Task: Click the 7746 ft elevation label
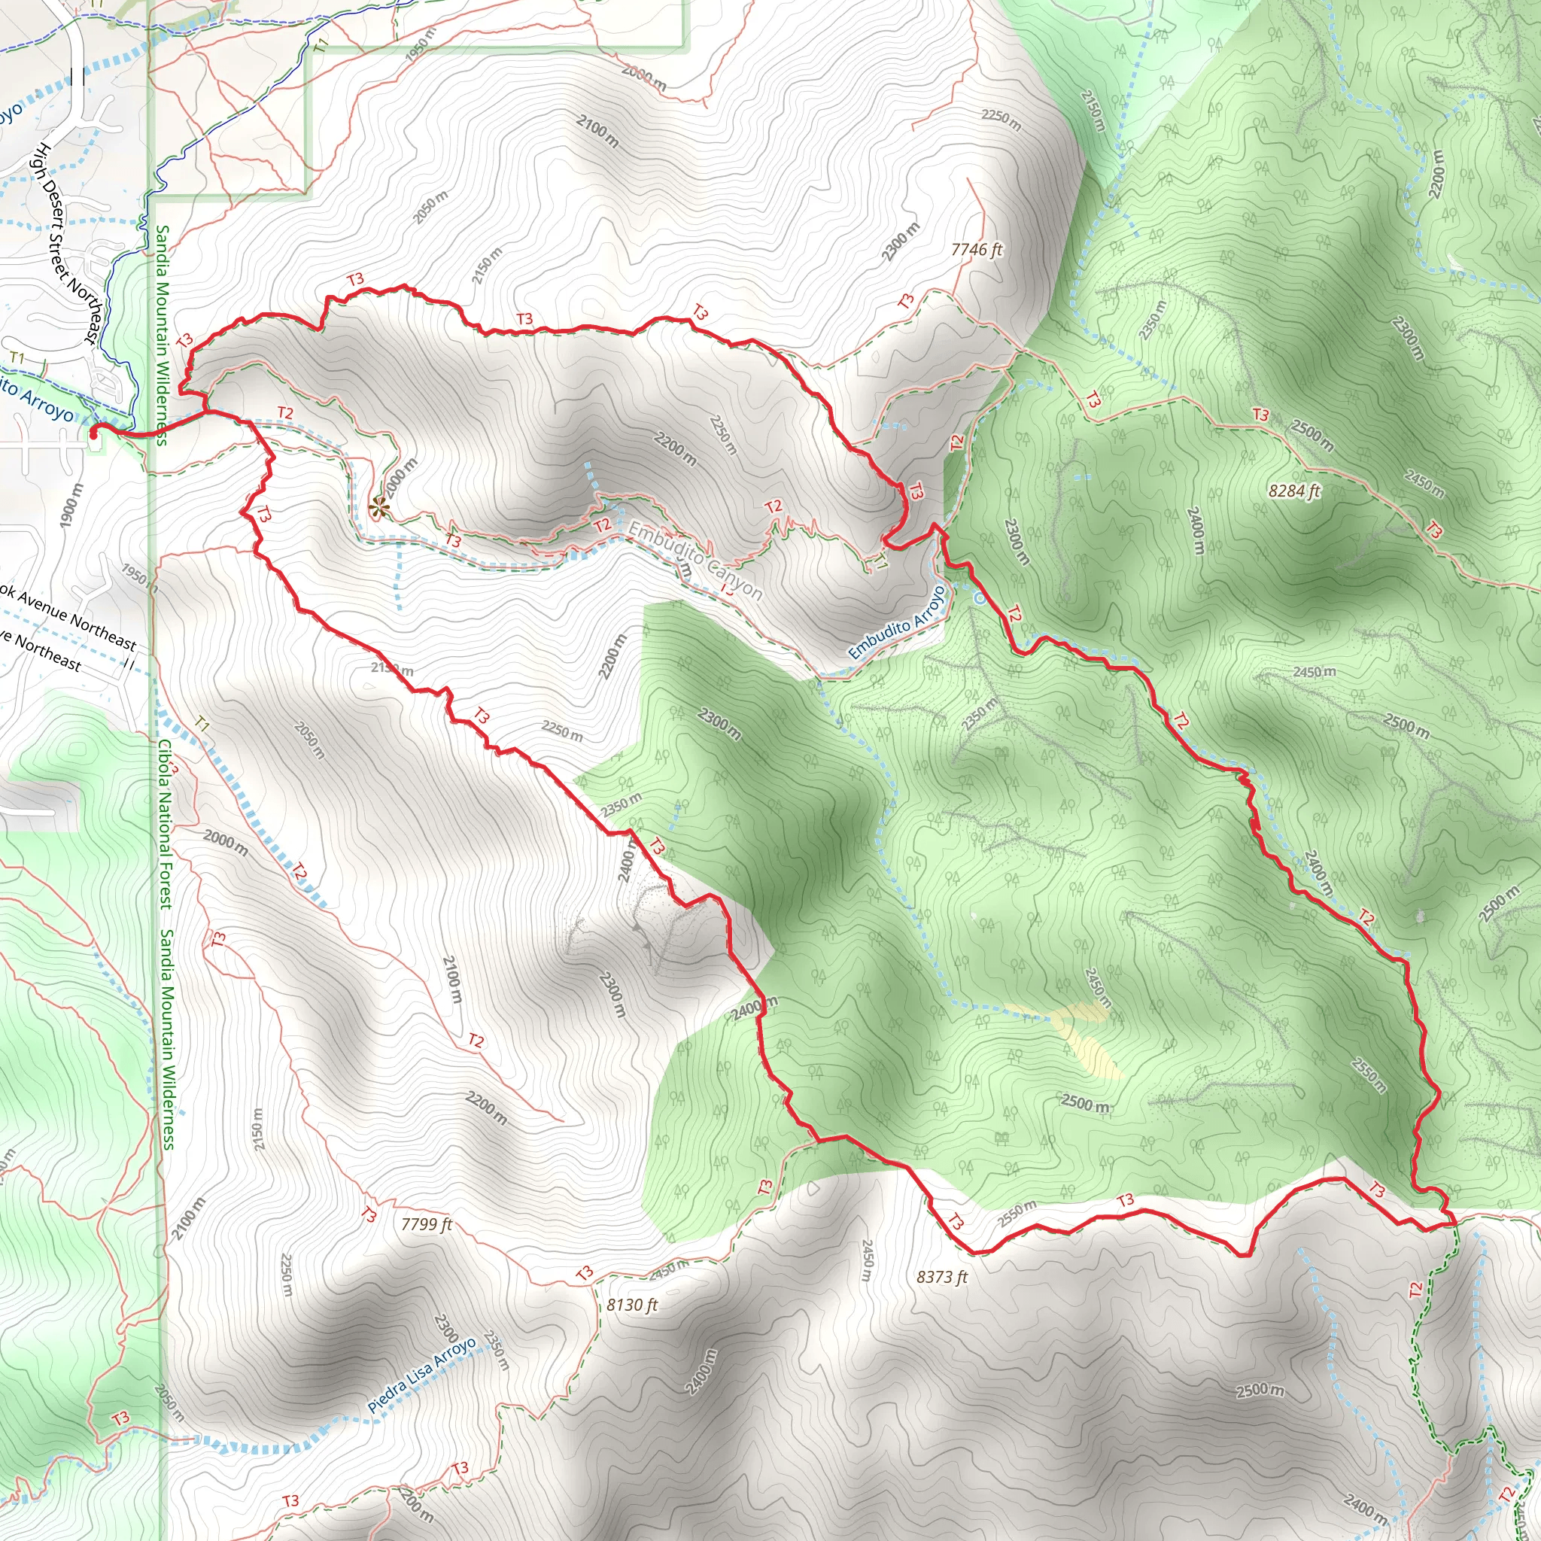976,250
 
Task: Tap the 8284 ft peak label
1293,491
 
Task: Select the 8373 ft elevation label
941,1277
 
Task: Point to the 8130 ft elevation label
632,1305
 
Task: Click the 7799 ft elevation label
426,1223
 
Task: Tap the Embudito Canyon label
695,560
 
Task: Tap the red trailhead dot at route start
93,433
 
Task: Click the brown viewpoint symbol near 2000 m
378,506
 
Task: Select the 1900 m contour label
71,505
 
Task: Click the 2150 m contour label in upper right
1093,109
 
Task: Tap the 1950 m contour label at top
421,44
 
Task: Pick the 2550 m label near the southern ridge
1017,1213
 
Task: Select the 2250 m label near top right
1000,120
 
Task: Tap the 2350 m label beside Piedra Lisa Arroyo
495,1351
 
